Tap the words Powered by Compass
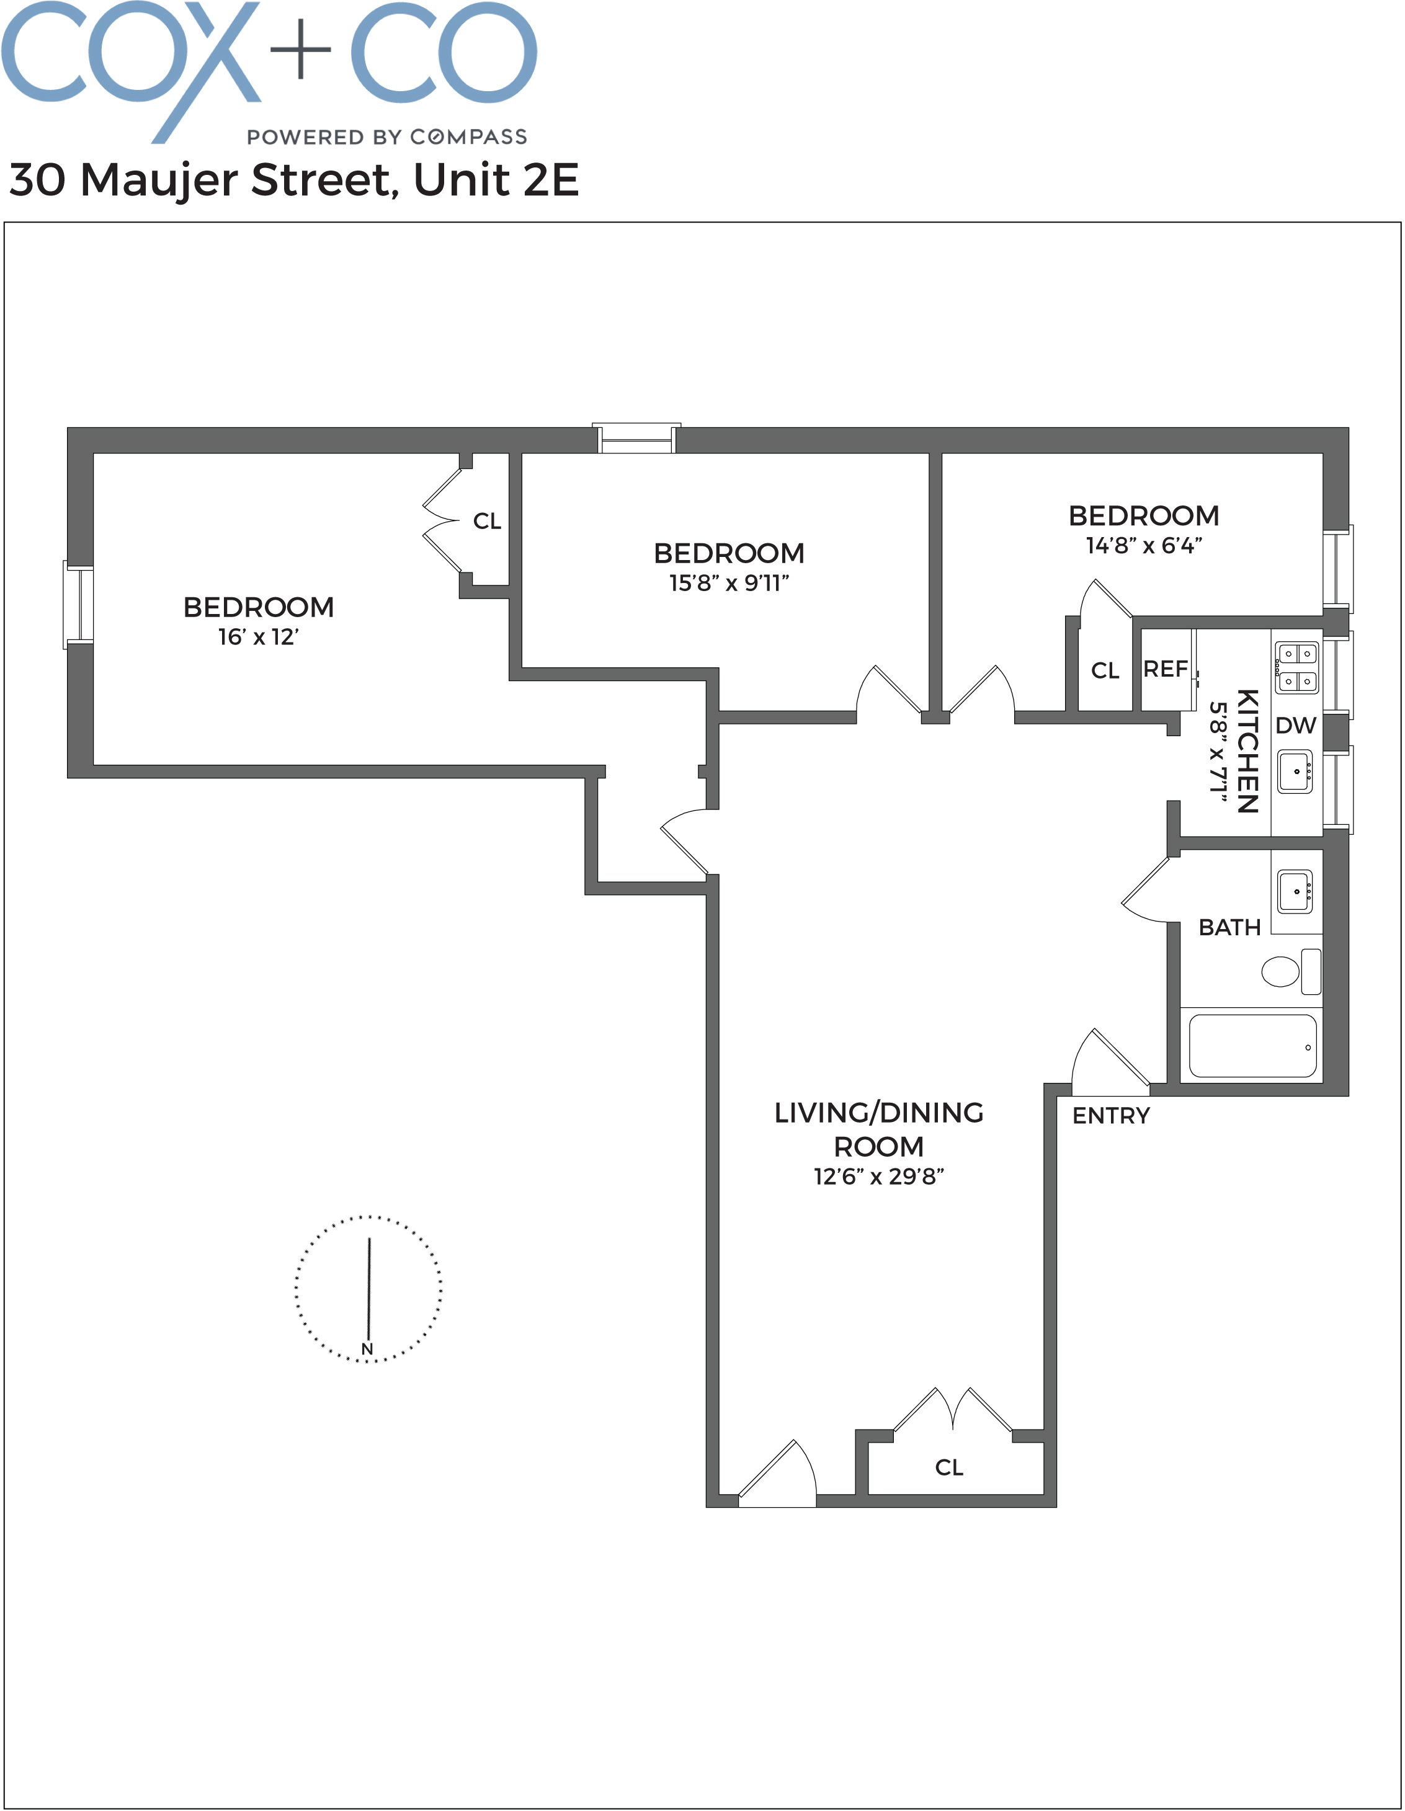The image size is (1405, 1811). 386,137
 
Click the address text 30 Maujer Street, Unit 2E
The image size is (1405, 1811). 293,180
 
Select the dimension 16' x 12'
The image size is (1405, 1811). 258,637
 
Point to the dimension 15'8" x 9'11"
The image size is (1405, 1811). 728,583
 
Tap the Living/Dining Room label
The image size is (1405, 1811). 878,1129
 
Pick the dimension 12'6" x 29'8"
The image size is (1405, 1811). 878,1177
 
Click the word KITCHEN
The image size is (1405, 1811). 1247,750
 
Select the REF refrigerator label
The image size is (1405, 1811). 1164,669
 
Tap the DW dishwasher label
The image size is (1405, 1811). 1295,726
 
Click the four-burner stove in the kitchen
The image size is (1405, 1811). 1296,667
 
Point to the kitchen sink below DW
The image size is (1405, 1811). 1294,771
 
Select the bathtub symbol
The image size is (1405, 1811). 1252,1046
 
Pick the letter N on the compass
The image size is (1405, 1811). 367,1348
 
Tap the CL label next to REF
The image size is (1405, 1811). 1104,670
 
